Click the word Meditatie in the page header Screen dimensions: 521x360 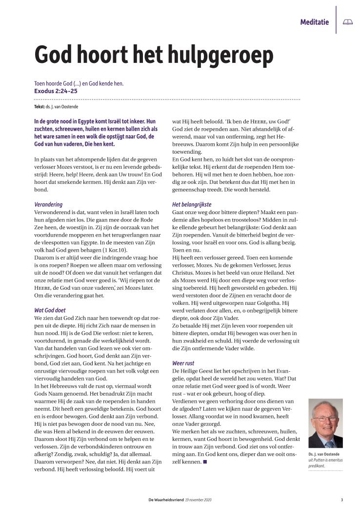coord(314,22)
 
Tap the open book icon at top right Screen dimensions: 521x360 coord(347,22)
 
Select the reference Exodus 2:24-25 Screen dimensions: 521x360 coord(56,91)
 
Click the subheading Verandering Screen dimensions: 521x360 coord(48,204)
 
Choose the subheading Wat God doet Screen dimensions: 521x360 coord(50,310)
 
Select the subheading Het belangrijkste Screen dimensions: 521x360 coord(192,204)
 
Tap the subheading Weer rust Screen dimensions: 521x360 coord(184,363)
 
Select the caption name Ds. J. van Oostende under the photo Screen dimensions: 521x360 coord(325,453)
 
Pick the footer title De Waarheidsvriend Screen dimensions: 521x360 coord(166,500)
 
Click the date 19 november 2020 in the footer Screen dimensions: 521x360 coord(199,500)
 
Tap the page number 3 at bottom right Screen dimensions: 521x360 coord(342,500)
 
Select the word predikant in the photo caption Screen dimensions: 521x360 coord(319,466)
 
